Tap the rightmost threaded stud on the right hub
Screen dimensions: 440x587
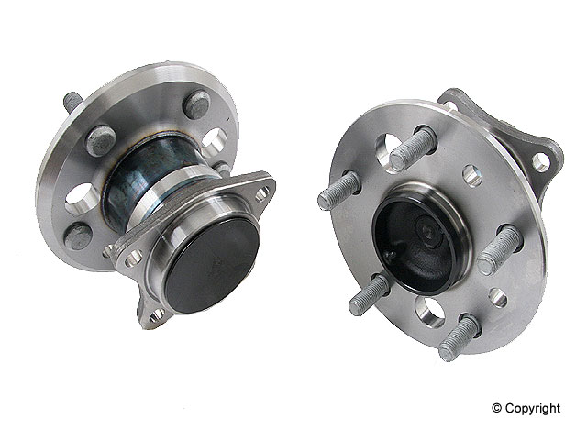(x=499, y=248)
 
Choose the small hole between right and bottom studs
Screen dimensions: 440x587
(x=497, y=297)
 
